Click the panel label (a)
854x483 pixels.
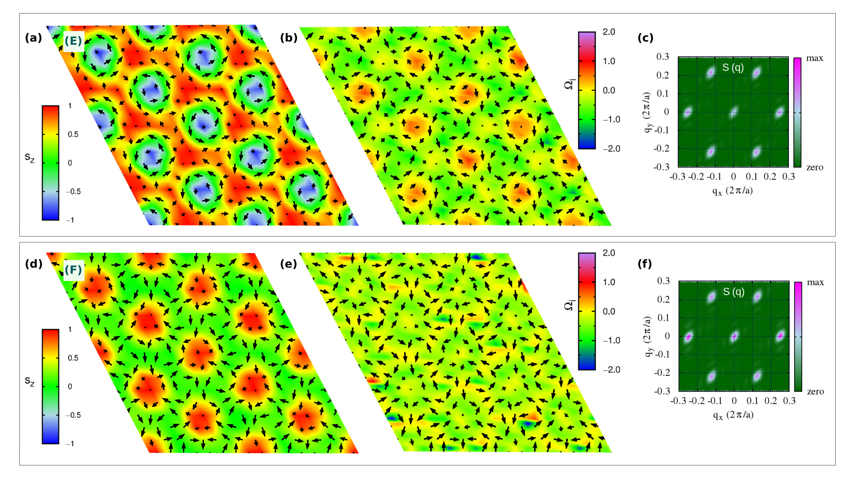pyautogui.click(x=33, y=38)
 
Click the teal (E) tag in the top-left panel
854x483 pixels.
pyautogui.click(x=73, y=41)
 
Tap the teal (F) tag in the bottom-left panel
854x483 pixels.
pyautogui.click(x=73, y=270)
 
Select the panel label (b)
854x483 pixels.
pyautogui.click(x=288, y=38)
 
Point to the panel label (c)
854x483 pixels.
pyautogui.click(x=645, y=38)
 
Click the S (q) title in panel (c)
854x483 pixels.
pyautogui.click(x=733, y=68)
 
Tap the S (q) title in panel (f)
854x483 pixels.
pyautogui.click(x=734, y=292)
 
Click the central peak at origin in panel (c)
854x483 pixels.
pyautogui.click(x=733, y=112)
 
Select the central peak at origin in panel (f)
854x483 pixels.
pyautogui.click(x=734, y=336)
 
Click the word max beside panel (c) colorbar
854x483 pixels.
pyautogui.click(x=815, y=58)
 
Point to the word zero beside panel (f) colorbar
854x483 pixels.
pyautogui.click(x=815, y=392)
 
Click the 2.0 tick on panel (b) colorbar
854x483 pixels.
pyautogui.click(x=609, y=32)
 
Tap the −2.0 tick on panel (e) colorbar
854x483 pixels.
pyautogui.click(x=611, y=370)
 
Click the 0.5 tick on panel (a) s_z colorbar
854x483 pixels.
pyautogui.click(x=73, y=134)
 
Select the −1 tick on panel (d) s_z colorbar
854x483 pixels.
pyautogui.click(x=70, y=444)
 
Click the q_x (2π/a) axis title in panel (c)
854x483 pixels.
pyautogui.click(x=733, y=191)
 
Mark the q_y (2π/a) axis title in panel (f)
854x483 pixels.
pyautogui.click(x=648, y=336)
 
